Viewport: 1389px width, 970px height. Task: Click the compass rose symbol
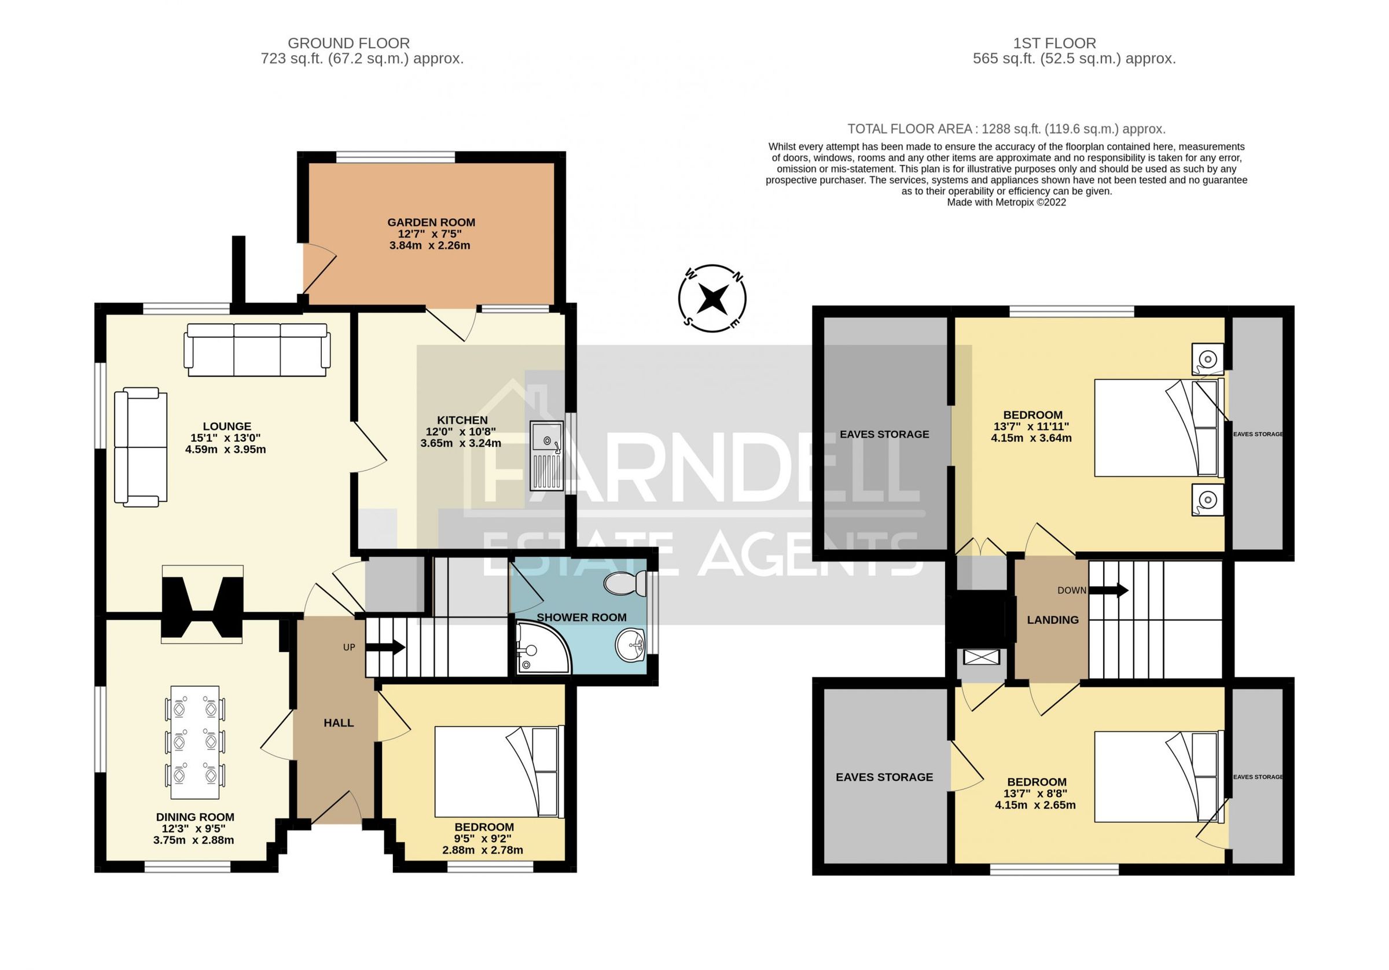click(712, 298)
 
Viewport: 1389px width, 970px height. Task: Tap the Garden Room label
click(431, 223)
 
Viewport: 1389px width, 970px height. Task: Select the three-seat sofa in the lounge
click(257, 349)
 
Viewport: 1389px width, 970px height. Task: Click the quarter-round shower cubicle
click(540, 650)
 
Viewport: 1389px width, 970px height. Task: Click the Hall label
click(338, 723)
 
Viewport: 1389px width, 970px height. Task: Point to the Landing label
click(1053, 620)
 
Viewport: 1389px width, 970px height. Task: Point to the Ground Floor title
click(348, 43)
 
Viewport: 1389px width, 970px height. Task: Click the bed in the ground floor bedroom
click(498, 771)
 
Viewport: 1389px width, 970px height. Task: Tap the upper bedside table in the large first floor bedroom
click(1207, 359)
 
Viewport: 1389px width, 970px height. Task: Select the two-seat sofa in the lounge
click(141, 447)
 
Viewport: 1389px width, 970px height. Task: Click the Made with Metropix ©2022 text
click(1006, 203)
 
